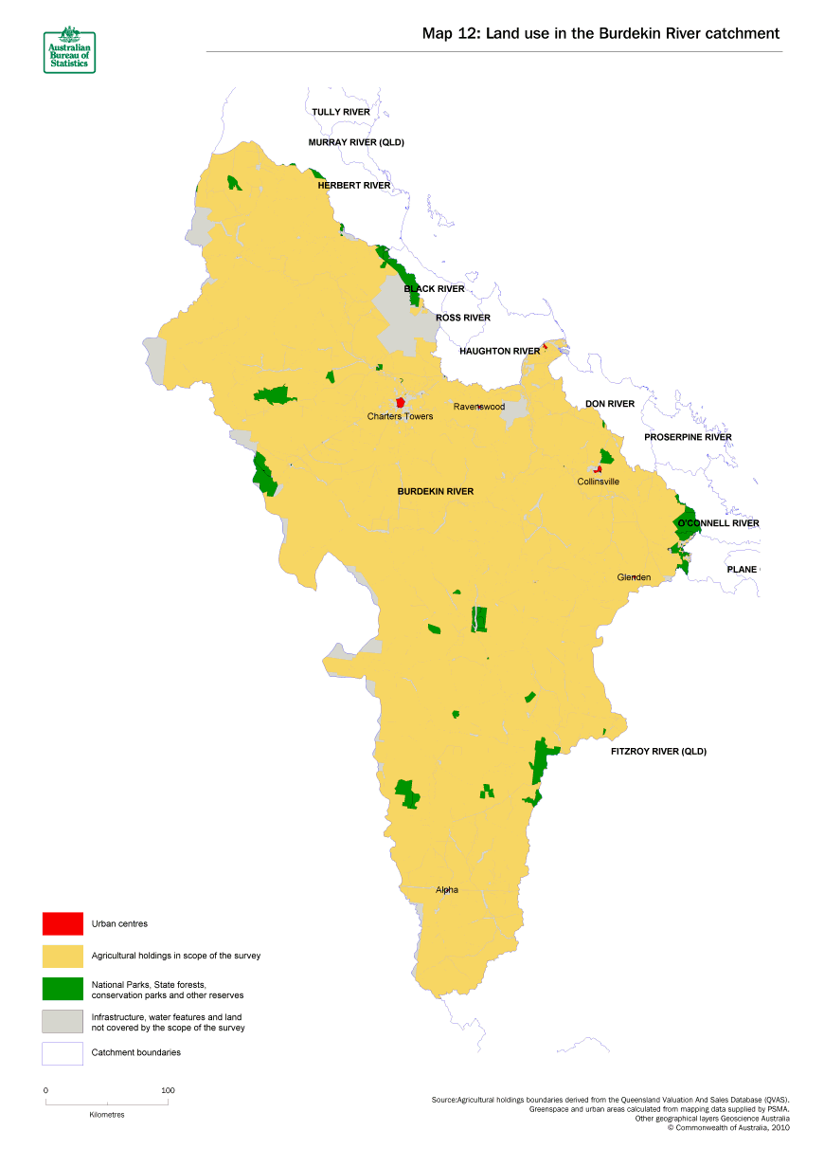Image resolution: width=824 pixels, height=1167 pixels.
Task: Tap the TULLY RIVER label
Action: coord(341,112)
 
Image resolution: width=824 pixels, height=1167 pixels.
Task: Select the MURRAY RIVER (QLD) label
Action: coord(356,143)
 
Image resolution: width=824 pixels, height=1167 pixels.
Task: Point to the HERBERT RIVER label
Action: coord(353,186)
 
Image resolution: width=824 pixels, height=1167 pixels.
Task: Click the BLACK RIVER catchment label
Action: coord(434,288)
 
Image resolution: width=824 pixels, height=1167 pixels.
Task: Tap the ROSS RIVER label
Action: coord(463,318)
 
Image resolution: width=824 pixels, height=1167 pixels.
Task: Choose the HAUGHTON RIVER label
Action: coord(499,351)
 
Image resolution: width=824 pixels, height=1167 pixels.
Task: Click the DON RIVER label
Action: coord(609,404)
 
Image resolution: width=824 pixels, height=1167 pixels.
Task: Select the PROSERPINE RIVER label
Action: coord(688,437)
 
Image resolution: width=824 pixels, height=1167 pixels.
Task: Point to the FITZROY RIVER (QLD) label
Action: coord(658,752)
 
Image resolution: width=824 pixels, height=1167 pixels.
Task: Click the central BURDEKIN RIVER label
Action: coord(435,492)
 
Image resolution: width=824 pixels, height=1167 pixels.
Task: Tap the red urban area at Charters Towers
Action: coord(401,402)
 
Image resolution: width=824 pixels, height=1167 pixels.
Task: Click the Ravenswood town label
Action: coord(479,407)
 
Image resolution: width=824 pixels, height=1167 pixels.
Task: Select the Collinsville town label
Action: coord(599,482)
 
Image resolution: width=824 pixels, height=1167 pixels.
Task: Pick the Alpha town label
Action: coord(447,890)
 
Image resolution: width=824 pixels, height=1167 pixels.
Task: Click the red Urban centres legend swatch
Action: coord(63,922)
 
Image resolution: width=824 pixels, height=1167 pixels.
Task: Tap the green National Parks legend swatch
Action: coord(63,989)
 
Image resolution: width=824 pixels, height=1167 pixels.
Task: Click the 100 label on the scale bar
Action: coord(168,1090)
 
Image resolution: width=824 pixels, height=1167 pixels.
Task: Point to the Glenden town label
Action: coord(634,577)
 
